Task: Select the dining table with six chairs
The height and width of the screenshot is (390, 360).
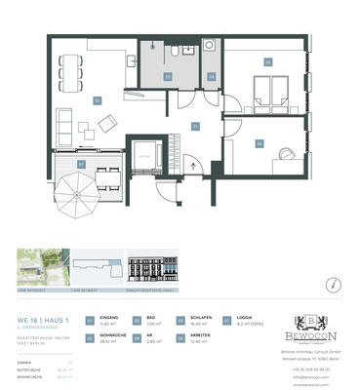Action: point(69,65)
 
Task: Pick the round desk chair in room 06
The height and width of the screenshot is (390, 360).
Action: point(284,154)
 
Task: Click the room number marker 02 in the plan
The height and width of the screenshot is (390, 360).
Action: point(97,99)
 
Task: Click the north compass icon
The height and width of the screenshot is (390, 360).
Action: point(334,285)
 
